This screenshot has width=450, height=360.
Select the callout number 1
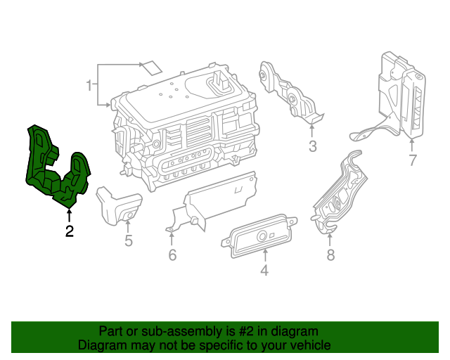coord(89,86)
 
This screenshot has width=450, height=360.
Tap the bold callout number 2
coord(69,231)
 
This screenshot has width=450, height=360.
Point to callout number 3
coord(313,146)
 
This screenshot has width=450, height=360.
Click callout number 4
coord(264,269)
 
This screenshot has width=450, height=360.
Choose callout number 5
coord(128,241)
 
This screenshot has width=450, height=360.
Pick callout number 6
coord(172,255)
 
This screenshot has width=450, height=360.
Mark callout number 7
coord(413,160)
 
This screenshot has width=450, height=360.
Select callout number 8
coord(330,255)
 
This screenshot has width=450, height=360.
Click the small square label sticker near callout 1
coord(150,67)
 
